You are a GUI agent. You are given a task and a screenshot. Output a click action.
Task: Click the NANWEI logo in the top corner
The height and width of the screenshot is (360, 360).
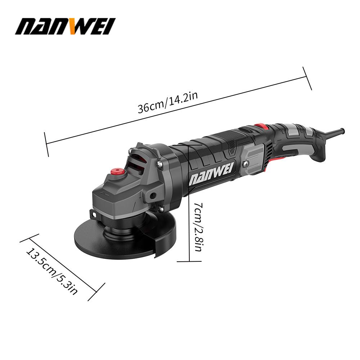click(x=65, y=26)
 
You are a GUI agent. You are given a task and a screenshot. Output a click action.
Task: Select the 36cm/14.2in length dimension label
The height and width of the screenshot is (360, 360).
click(x=168, y=102)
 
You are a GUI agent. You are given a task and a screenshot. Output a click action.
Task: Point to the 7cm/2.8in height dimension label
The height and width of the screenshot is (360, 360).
click(x=198, y=227)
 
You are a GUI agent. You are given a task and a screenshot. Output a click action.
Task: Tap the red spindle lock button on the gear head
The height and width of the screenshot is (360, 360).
click(x=117, y=171)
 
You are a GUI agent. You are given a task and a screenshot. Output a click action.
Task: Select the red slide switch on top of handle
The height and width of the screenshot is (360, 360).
click(x=261, y=126)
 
